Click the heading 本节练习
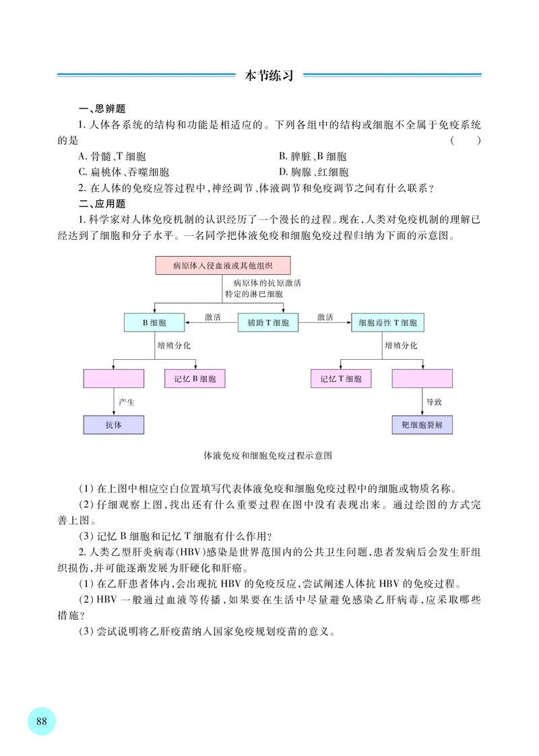click(x=269, y=75)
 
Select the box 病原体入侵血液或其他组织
click(x=213, y=265)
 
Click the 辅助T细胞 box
click(x=267, y=323)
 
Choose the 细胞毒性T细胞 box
click(x=388, y=323)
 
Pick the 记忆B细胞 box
click(x=195, y=379)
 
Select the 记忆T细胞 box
click(x=341, y=379)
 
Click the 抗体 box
click(x=114, y=425)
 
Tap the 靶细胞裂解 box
click(x=422, y=425)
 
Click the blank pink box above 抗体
click(x=114, y=379)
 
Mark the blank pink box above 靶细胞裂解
click(x=422, y=379)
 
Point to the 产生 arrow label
click(x=127, y=402)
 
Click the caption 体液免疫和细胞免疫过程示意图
click(x=268, y=455)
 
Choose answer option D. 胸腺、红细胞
click(x=313, y=172)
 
